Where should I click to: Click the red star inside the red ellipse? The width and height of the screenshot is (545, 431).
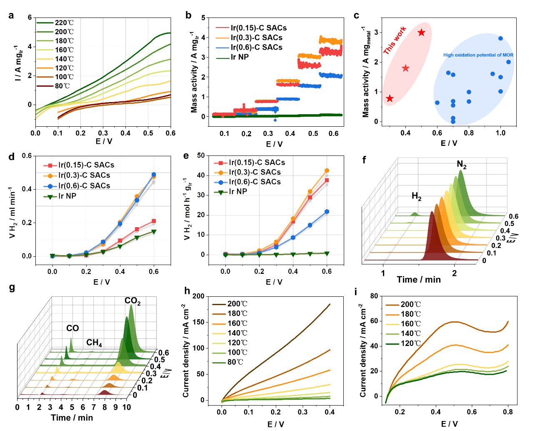coord(406,68)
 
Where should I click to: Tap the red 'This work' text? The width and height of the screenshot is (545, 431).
coord(394,40)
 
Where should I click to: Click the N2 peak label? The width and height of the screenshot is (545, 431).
coord(462,165)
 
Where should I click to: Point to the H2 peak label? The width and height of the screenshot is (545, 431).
coord(417,196)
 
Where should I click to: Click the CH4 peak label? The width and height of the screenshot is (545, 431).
coord(94,343)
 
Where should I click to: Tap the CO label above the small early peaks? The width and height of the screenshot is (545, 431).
coord(72,328)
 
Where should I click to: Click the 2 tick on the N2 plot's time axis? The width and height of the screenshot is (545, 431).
coord(455,273)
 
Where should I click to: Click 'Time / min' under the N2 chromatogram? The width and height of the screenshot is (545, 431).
coord(419,280)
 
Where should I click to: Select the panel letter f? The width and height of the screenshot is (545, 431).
coord(364,161)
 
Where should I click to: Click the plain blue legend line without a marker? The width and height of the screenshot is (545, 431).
coord(222,48)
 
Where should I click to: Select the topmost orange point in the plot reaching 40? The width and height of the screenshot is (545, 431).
coord(327,170)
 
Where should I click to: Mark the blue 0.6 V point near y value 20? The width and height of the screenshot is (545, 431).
coord(327,212)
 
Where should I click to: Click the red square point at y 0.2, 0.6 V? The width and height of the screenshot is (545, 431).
coord(154,221)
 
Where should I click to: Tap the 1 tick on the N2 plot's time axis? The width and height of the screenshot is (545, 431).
coord(383,273)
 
